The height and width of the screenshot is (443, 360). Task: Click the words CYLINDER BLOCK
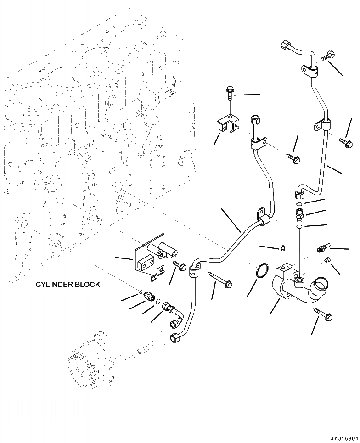[x=68, y=285]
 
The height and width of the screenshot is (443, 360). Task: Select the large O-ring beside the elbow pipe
[x=260, y=270]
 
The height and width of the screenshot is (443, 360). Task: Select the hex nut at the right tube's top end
[x=284, y=45]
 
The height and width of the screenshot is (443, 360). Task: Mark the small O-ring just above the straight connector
[x=299, y=204]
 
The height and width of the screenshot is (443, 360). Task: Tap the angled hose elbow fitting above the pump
[x=174, y=317]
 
